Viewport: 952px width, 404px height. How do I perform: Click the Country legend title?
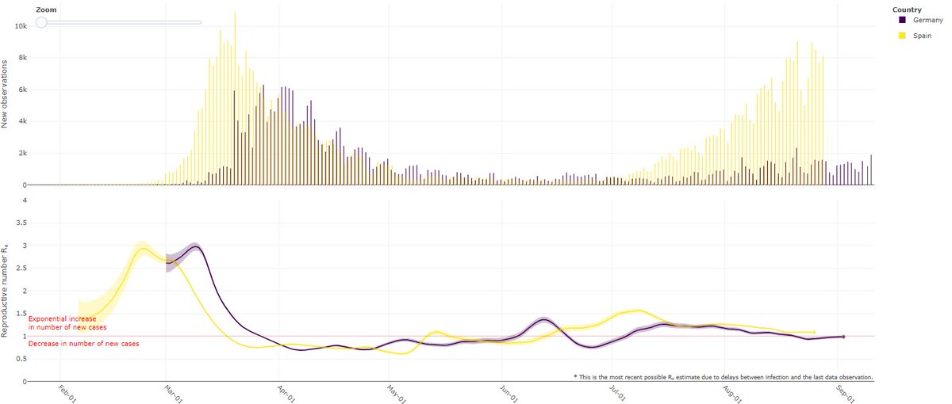906,9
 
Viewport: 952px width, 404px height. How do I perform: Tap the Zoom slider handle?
41,22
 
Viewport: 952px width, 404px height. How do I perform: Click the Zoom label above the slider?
46,9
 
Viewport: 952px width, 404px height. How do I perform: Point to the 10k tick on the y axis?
20,26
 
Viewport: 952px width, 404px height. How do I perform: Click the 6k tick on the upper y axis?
21,90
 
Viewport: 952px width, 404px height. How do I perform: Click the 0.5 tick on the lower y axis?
21,359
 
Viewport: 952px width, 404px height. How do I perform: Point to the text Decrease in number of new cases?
83,344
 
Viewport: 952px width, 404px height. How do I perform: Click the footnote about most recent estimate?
723,377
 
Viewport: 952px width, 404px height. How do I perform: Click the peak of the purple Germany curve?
194,246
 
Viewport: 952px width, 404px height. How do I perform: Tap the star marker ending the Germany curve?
843,337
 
